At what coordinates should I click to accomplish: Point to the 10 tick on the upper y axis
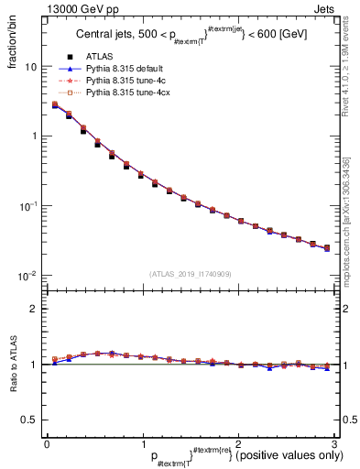click(31, 67)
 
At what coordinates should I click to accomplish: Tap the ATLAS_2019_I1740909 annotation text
click(190, 273)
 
